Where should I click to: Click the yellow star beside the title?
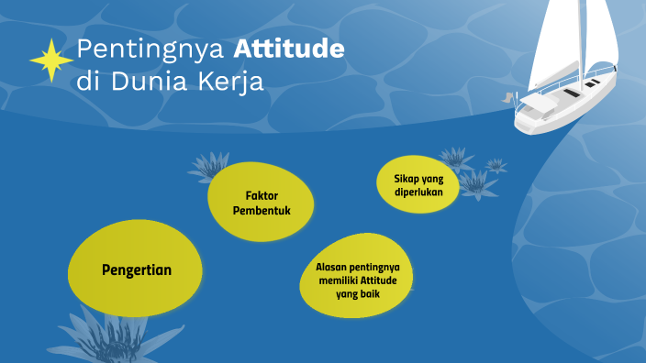tap(50, 60)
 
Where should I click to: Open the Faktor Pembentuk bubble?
tap(262, 203)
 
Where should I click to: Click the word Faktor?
tap(262, 195)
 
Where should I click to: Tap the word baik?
tap(371, 294)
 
